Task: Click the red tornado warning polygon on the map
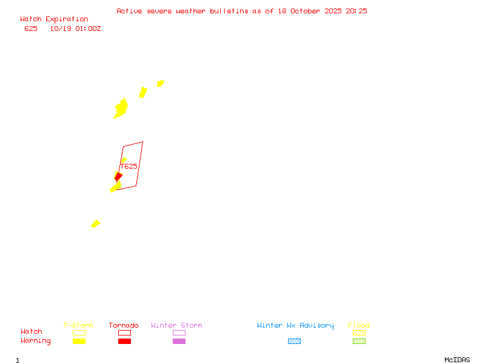click(x=118, y=177)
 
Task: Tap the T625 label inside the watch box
click(x=129, y=166)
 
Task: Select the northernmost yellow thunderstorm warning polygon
click(x=160, y=83)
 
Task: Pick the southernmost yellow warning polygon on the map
click(x=95, y=224)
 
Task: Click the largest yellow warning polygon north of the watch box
click(x=121, y=109)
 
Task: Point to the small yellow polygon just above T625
click(x=124, y=160)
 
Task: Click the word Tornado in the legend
click(x=124, y=326)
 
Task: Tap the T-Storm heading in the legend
click(x=78, y=326)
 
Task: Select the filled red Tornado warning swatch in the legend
click(x=124, y=342)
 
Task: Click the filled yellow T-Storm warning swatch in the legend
click(x=79, y=342)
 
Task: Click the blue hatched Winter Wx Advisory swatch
click(x=294, y=342)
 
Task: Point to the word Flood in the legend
click(x=359, y=326)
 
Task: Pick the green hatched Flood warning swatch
click(x=359, y=342)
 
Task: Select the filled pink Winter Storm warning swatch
click(x=179, y=342)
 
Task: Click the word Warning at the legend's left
click(x=36, y=341)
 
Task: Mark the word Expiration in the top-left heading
click(x=67, y=19)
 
